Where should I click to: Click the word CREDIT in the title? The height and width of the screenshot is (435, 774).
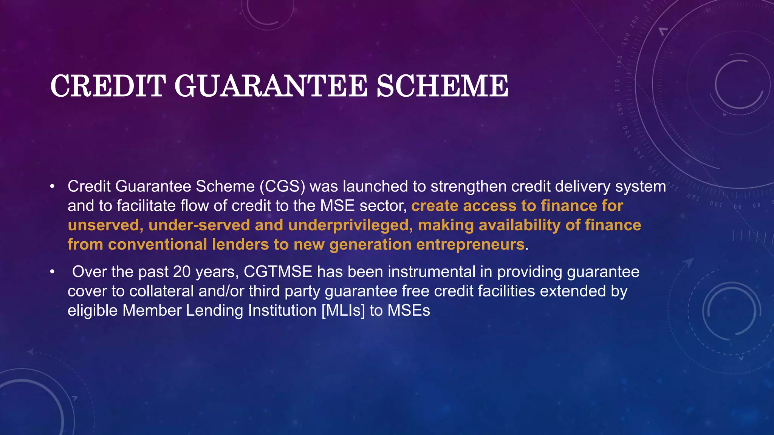pos(108,86)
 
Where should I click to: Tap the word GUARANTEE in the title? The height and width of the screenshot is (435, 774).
pos(271,86)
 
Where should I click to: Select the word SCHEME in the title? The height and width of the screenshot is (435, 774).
pos(442,86)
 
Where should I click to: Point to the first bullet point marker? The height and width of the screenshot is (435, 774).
pos(52,187)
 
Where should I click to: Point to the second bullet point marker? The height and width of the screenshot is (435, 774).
pos(52,272)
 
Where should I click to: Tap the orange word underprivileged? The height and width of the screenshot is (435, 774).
pos(348,225)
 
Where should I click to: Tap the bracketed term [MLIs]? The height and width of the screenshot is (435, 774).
pos(343,311)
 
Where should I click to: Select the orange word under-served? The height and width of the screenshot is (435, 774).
pos(199,225)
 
